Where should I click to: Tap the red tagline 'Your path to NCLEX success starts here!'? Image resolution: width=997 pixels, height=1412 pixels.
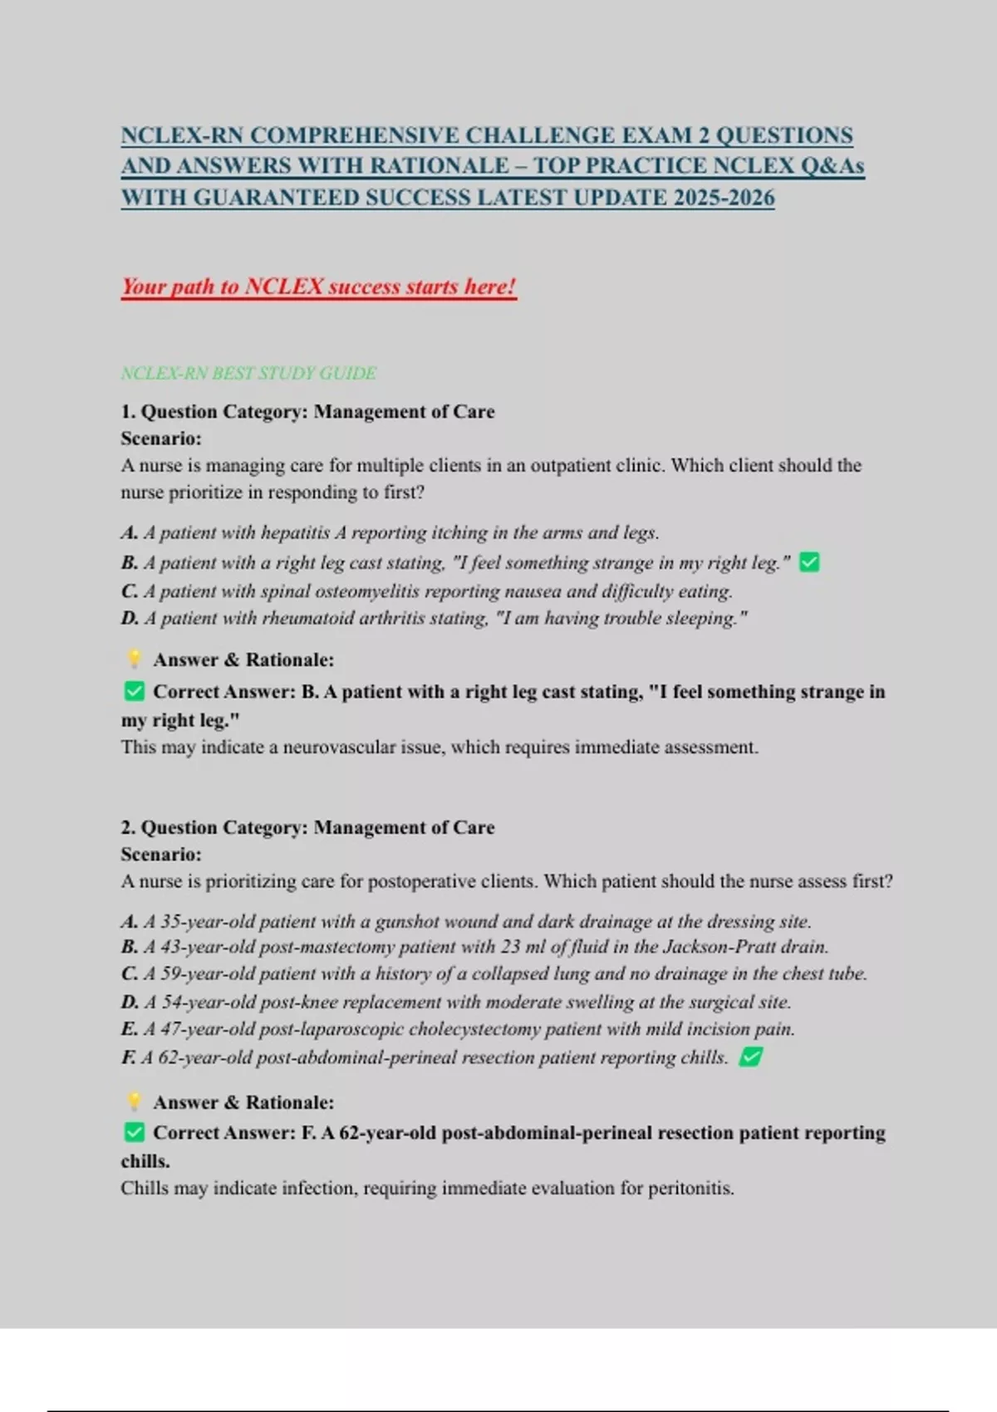(318, 287)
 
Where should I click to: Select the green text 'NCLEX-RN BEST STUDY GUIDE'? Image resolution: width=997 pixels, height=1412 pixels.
(248, 373)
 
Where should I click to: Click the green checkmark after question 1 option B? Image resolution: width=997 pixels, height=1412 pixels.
(809, 563)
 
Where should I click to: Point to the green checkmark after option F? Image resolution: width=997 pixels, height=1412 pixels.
(751, 1057)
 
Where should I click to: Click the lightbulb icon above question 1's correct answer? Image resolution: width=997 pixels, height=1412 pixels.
(134, 659)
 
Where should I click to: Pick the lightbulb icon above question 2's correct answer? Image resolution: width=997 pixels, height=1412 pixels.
(134, 1102)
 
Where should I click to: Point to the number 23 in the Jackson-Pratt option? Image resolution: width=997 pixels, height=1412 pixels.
(510, 947)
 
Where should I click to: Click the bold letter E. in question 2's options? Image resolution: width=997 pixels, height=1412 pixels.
(130, 1029)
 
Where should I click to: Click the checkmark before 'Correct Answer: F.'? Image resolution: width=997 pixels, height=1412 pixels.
(134, 1133)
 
